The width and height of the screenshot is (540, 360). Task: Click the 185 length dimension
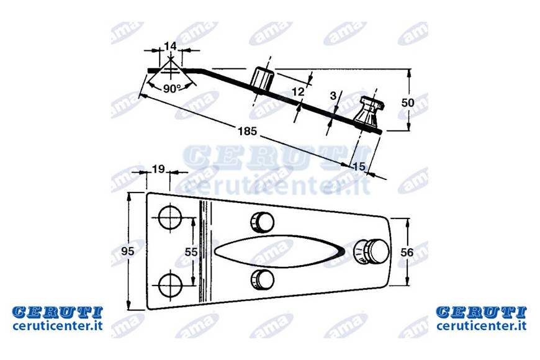click(247, 131)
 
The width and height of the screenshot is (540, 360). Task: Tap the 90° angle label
click(172, 89)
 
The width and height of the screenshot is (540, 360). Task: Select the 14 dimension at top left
click(170, 46)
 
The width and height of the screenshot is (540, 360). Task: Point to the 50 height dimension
click(408, 102)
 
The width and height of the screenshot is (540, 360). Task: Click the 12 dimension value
click(298, 92)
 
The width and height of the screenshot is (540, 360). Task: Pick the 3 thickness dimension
click(333, 96)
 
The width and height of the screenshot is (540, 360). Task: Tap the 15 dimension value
click(359, 167)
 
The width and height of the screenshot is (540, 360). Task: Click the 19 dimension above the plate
click(158, 169)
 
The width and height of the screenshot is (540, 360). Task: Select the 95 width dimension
click(127, 251)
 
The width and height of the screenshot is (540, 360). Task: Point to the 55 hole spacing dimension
click(191, 252)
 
